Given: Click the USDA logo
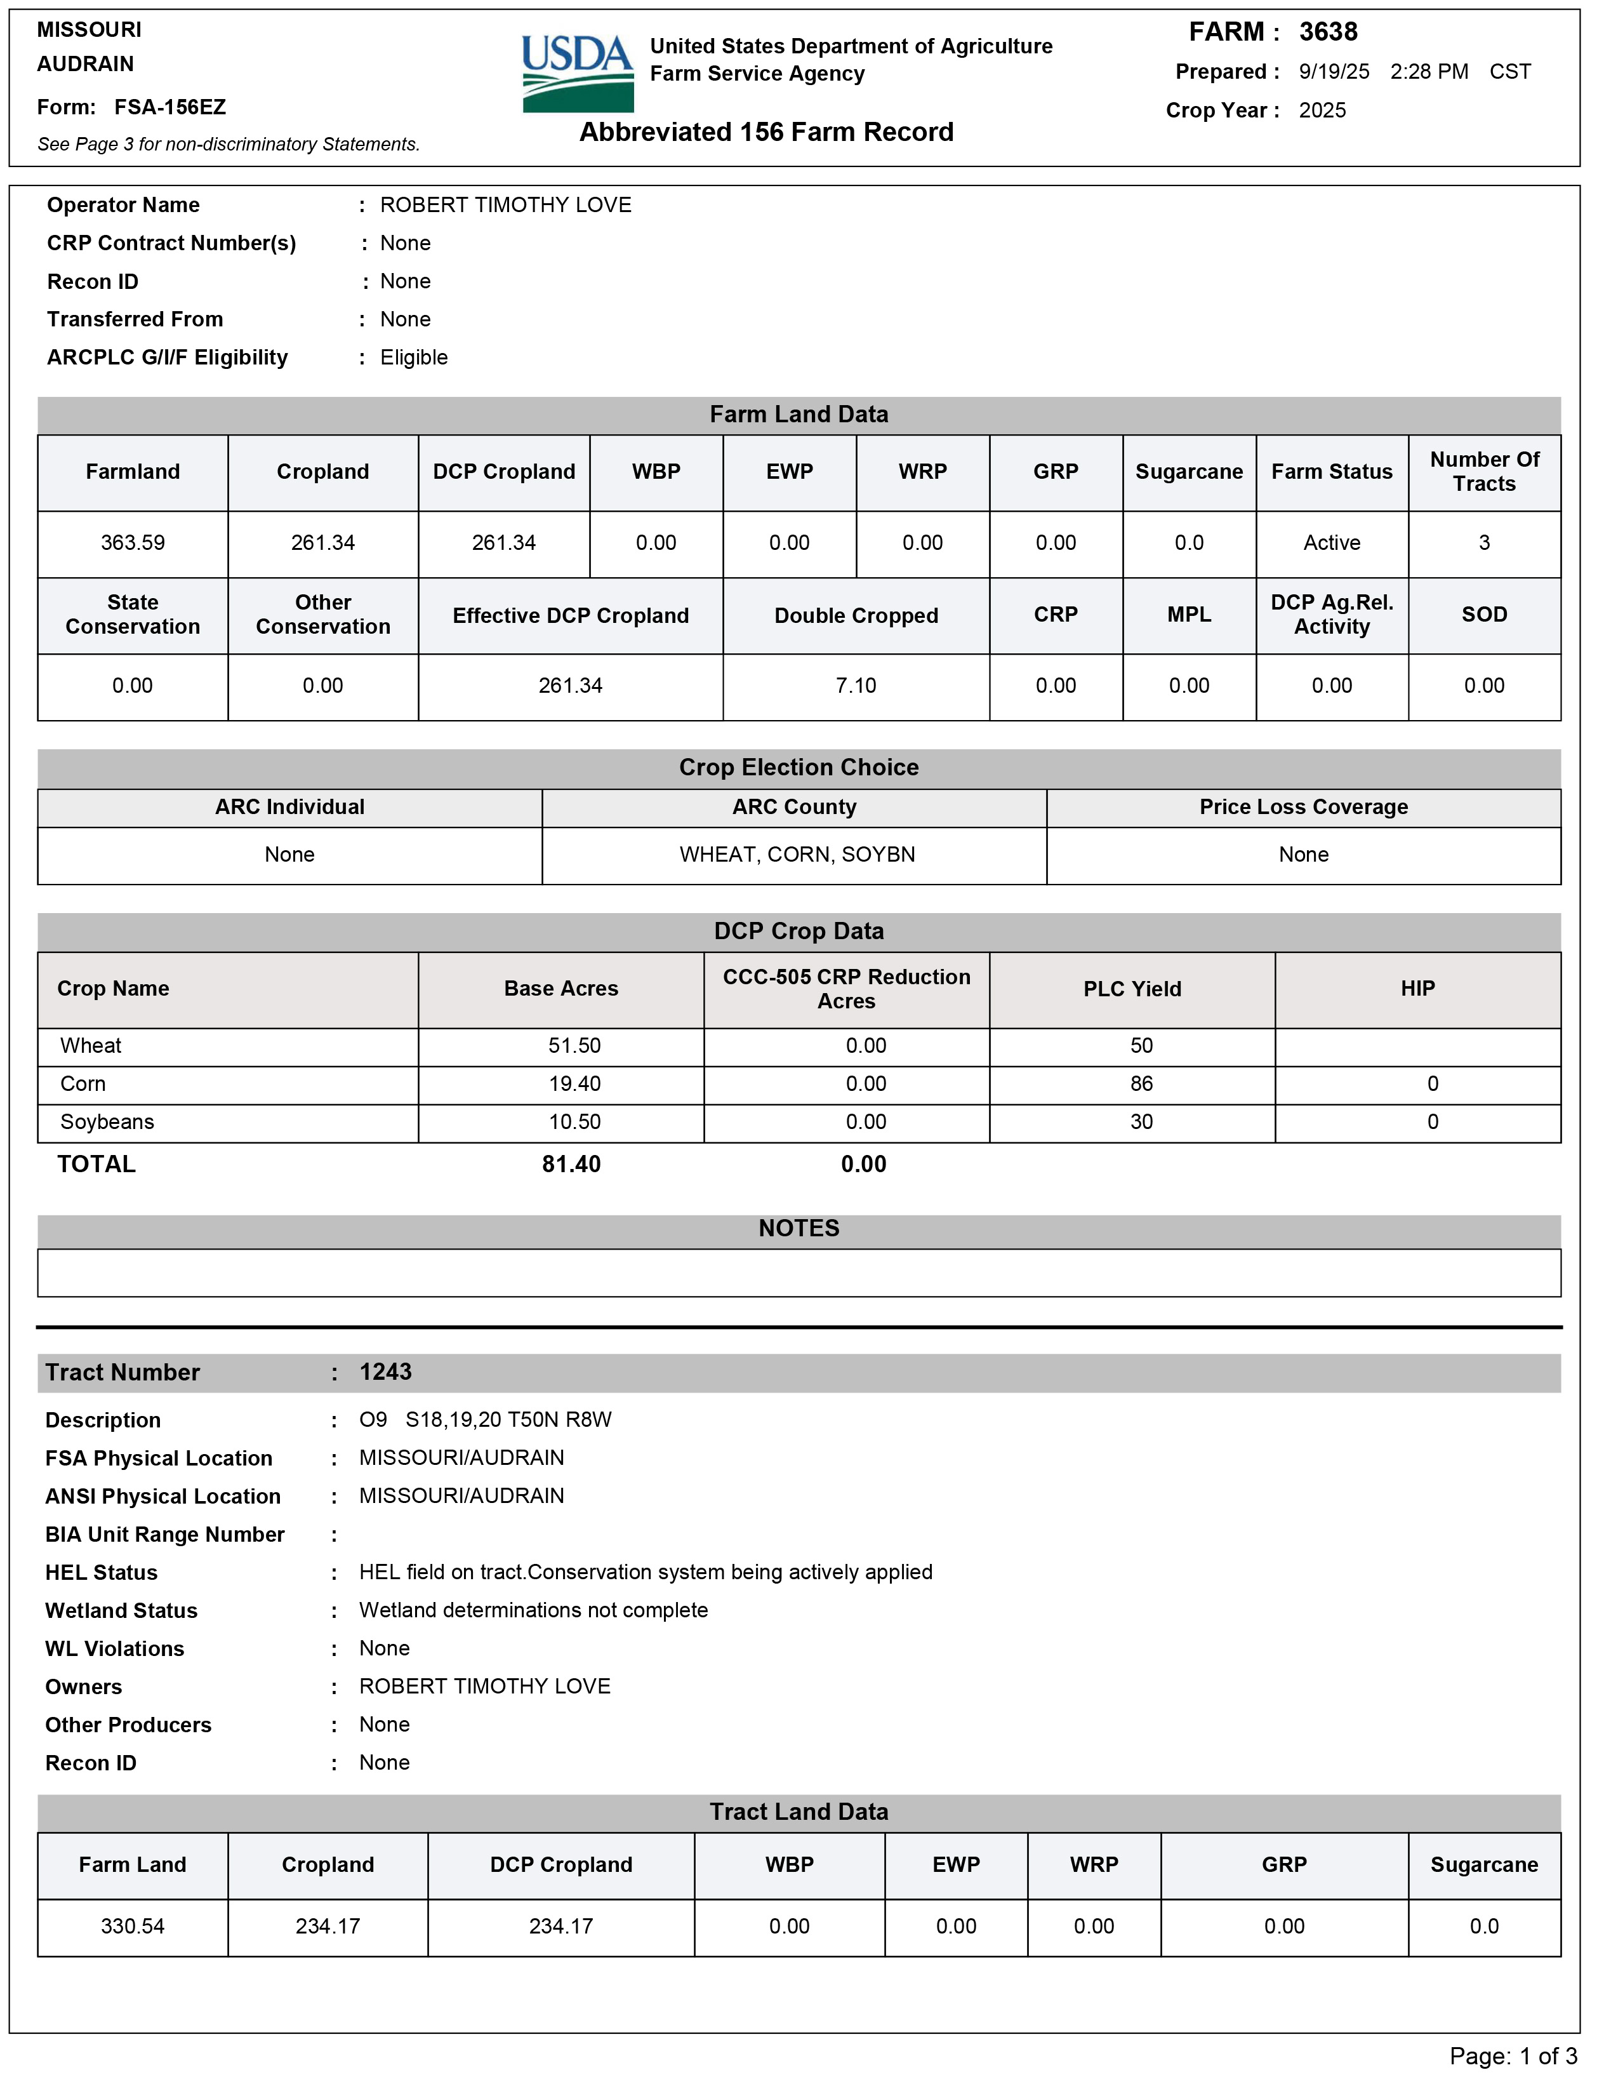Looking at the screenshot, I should point(577,73).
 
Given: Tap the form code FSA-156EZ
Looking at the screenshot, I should point(169,107).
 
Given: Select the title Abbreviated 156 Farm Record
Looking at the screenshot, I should point(766,132).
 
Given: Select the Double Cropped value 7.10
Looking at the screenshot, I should point(856,686).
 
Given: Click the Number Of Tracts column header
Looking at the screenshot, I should point(1483,472).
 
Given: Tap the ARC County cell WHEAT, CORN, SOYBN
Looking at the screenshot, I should point(797,855).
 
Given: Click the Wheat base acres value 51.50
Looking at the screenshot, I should point(574,1046).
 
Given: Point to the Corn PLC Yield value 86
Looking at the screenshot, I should point(1141,1084).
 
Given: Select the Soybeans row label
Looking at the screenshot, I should point(107,1122).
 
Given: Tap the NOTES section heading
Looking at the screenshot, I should point(799,1229).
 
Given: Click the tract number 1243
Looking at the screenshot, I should point(385,1372).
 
